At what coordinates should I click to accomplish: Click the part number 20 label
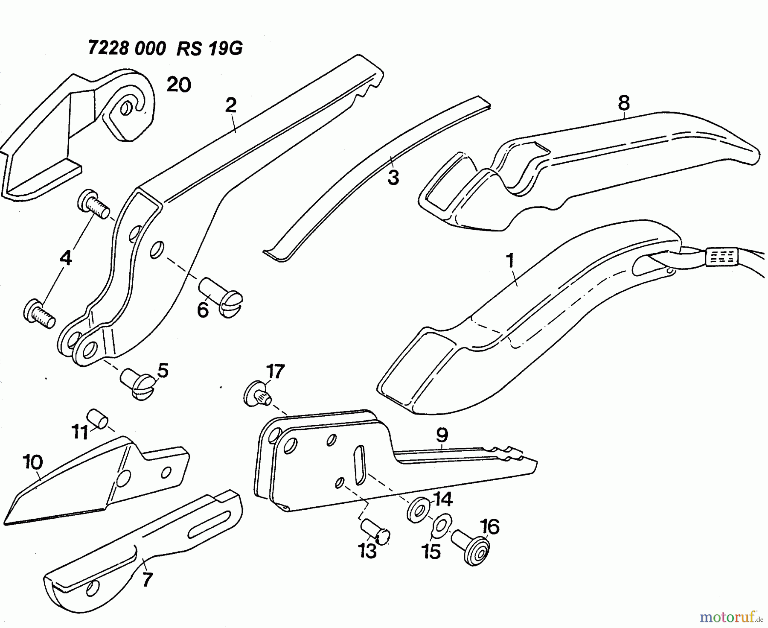point(179,85)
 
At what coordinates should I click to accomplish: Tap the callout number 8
point(623,103)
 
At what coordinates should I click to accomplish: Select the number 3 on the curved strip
point(393,177)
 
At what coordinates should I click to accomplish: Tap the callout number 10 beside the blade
point(34,462)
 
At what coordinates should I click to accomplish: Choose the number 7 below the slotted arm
point(147,580)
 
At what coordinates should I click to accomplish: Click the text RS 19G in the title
point(209,49)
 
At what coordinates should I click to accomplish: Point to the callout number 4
point(66,258)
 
